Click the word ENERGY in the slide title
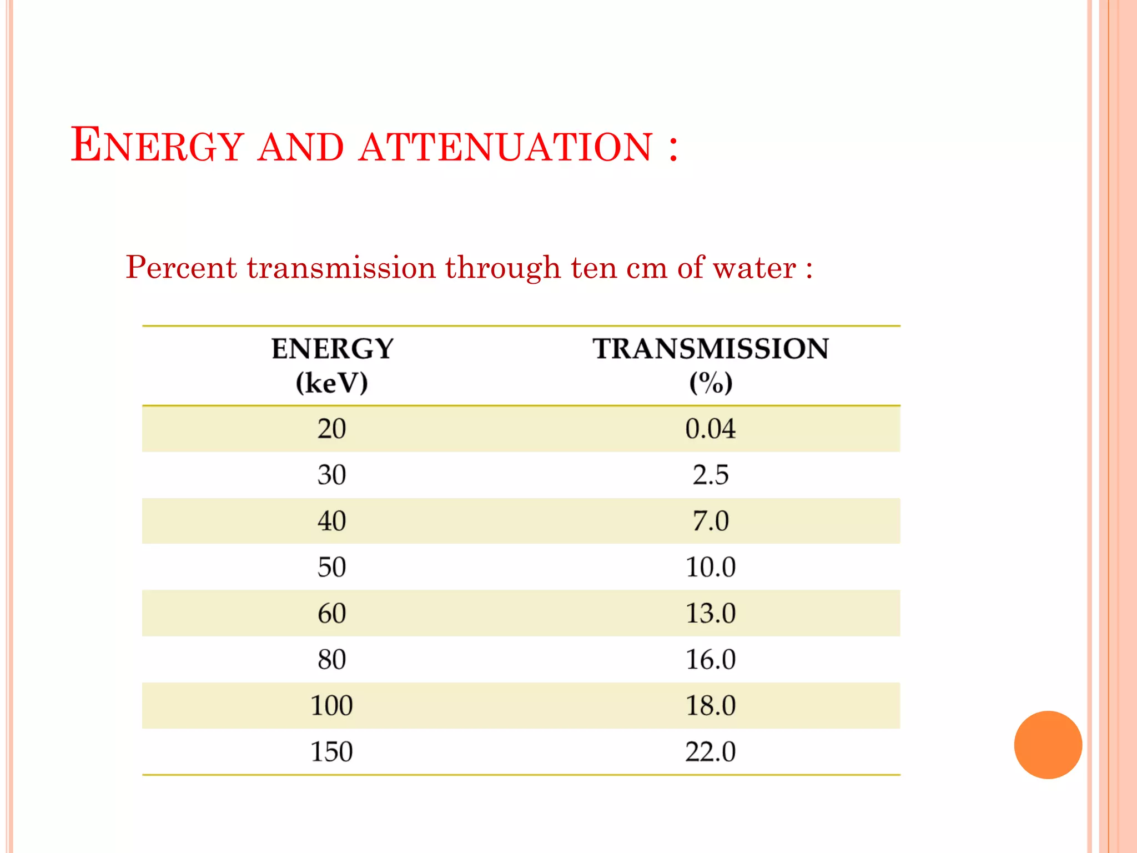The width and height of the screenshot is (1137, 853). (158, 145)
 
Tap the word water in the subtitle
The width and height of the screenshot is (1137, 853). (754, 268)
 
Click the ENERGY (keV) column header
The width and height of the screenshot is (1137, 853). (332, 365)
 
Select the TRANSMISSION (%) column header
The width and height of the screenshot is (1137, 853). (711, 365)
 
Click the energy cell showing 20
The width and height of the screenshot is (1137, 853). (332, 429)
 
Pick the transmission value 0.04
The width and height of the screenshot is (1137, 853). (711, 429)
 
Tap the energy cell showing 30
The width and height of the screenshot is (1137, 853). (332, 475)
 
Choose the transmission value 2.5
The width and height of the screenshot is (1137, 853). (711, 475)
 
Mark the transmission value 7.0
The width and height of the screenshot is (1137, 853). (711, 521)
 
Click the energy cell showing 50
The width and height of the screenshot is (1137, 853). (332, 567)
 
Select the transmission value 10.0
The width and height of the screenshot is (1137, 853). (711, 567)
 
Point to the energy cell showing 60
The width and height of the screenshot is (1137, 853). (332, 613)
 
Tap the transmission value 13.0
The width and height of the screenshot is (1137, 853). (711, 613)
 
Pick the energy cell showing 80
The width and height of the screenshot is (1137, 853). (332, 659)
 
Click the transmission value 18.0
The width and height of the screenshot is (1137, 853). (711, 705)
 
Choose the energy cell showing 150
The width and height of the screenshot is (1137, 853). (332, 751)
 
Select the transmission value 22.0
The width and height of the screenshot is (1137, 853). (711, 751)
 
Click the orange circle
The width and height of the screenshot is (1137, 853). (1048, 745)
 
